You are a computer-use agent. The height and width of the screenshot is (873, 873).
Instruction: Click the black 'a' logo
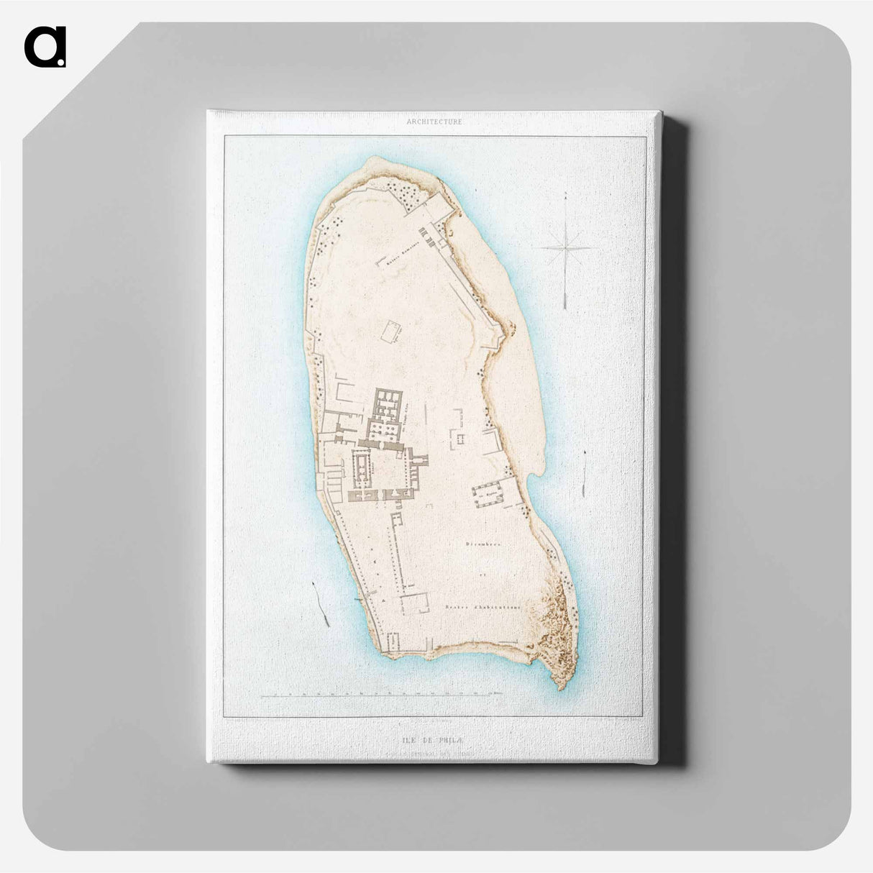[45, 47]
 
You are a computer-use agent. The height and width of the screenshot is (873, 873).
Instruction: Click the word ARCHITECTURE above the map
[434, 122]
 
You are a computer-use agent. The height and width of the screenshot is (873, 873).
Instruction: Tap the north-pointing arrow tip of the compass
[567, 195]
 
